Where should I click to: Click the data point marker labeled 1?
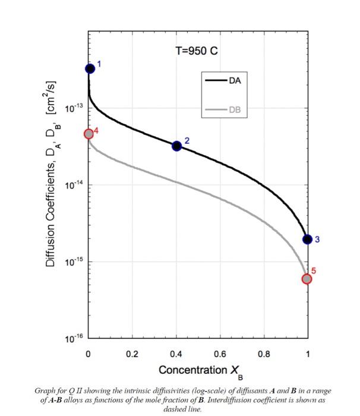(90, 68)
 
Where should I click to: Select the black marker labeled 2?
(176, 146)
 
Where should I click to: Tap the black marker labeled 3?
(307, 239)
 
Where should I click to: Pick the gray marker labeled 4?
(89, 134)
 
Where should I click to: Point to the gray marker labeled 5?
(307, 279)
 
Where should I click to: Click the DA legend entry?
(235, 80)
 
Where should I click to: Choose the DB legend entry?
(235, 110)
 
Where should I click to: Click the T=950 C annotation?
(197, 51)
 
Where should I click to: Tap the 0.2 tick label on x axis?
(132, 354)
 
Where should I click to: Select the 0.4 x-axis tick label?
(176, 354)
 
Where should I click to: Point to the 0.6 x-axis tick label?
(220, 354)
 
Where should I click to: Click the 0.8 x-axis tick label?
(263, 354)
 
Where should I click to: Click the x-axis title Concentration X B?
(197, 371)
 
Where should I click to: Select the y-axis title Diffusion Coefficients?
(52, 178)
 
